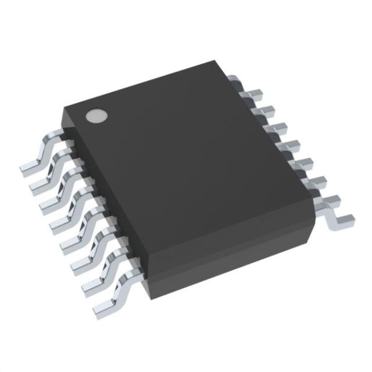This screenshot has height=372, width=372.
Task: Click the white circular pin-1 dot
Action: [x=96, y=115]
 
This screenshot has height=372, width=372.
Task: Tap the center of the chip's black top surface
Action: [x=186, y=155]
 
